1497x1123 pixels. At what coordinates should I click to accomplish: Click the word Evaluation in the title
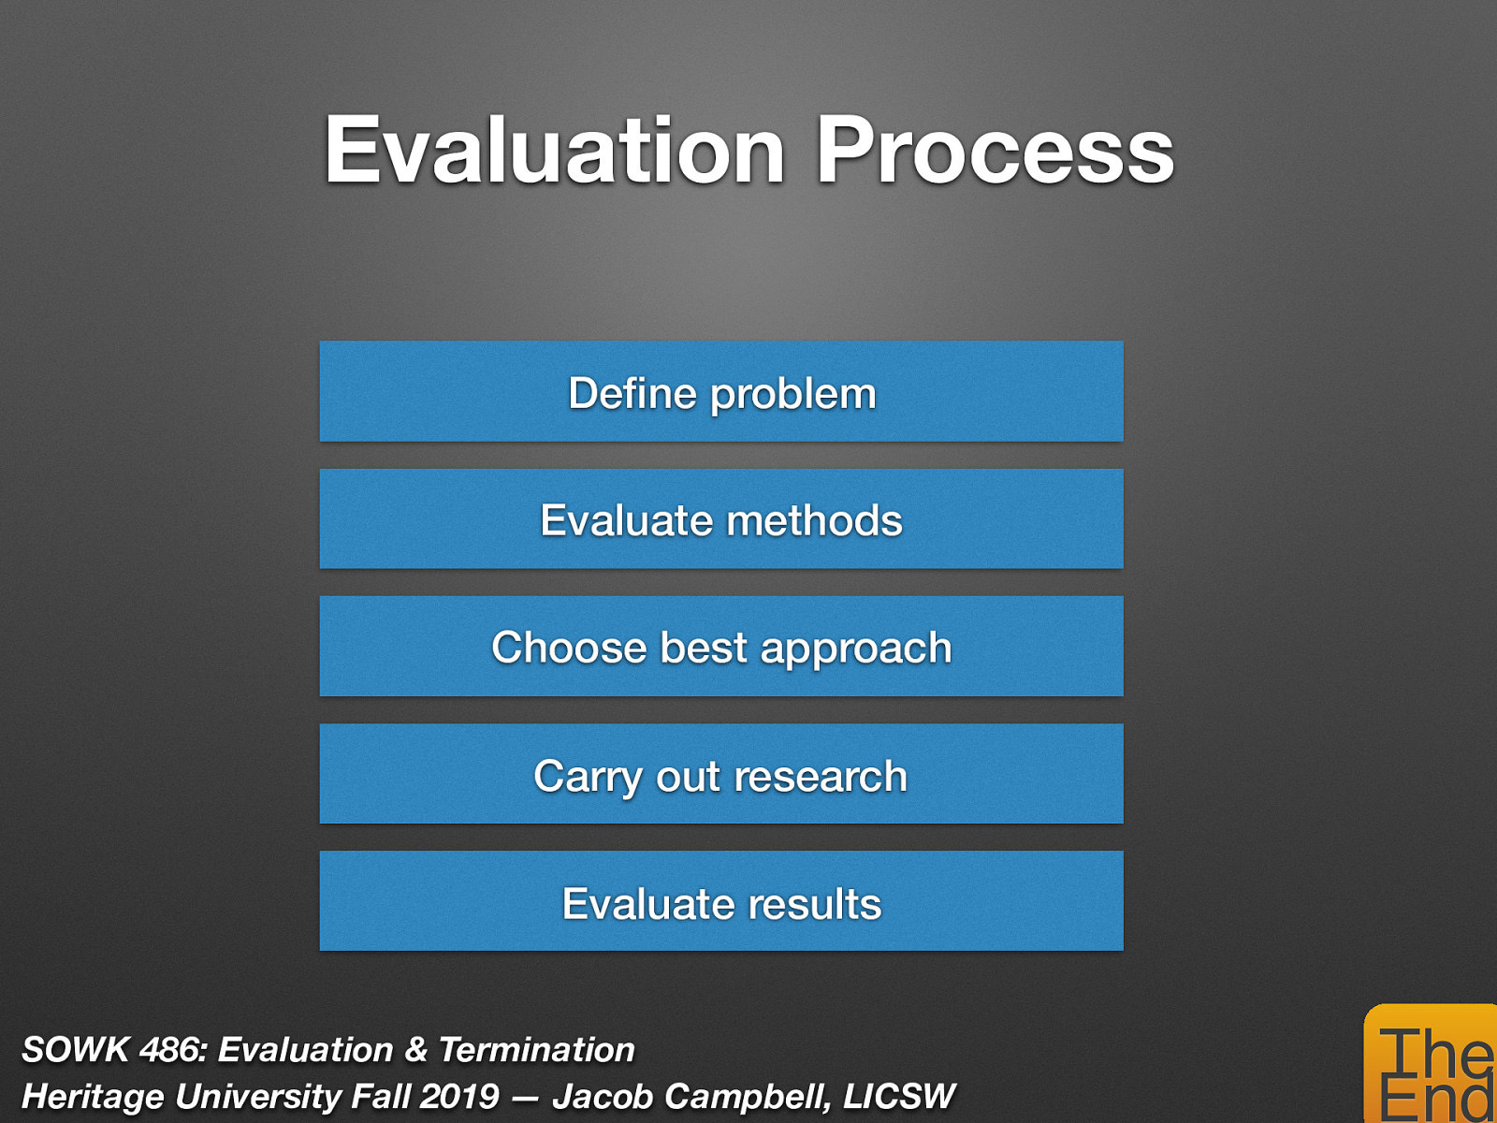click(x=554, y=152)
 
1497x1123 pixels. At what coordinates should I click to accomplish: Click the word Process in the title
click(x=994, y=152)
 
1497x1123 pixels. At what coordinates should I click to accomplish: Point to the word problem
click(x=792, y=395)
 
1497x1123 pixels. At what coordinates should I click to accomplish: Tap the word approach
click(x=855, y=649)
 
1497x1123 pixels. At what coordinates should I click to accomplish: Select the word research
click(x=821, y=777)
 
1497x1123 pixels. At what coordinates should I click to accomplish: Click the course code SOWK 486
click(x=111, y=1050)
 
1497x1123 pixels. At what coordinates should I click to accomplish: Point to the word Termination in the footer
click(x=536, y=1050)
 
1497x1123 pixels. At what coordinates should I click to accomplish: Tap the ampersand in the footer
click(x=415, y=1050)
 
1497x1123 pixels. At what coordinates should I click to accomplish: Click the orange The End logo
click(x=1432, y=1067)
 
